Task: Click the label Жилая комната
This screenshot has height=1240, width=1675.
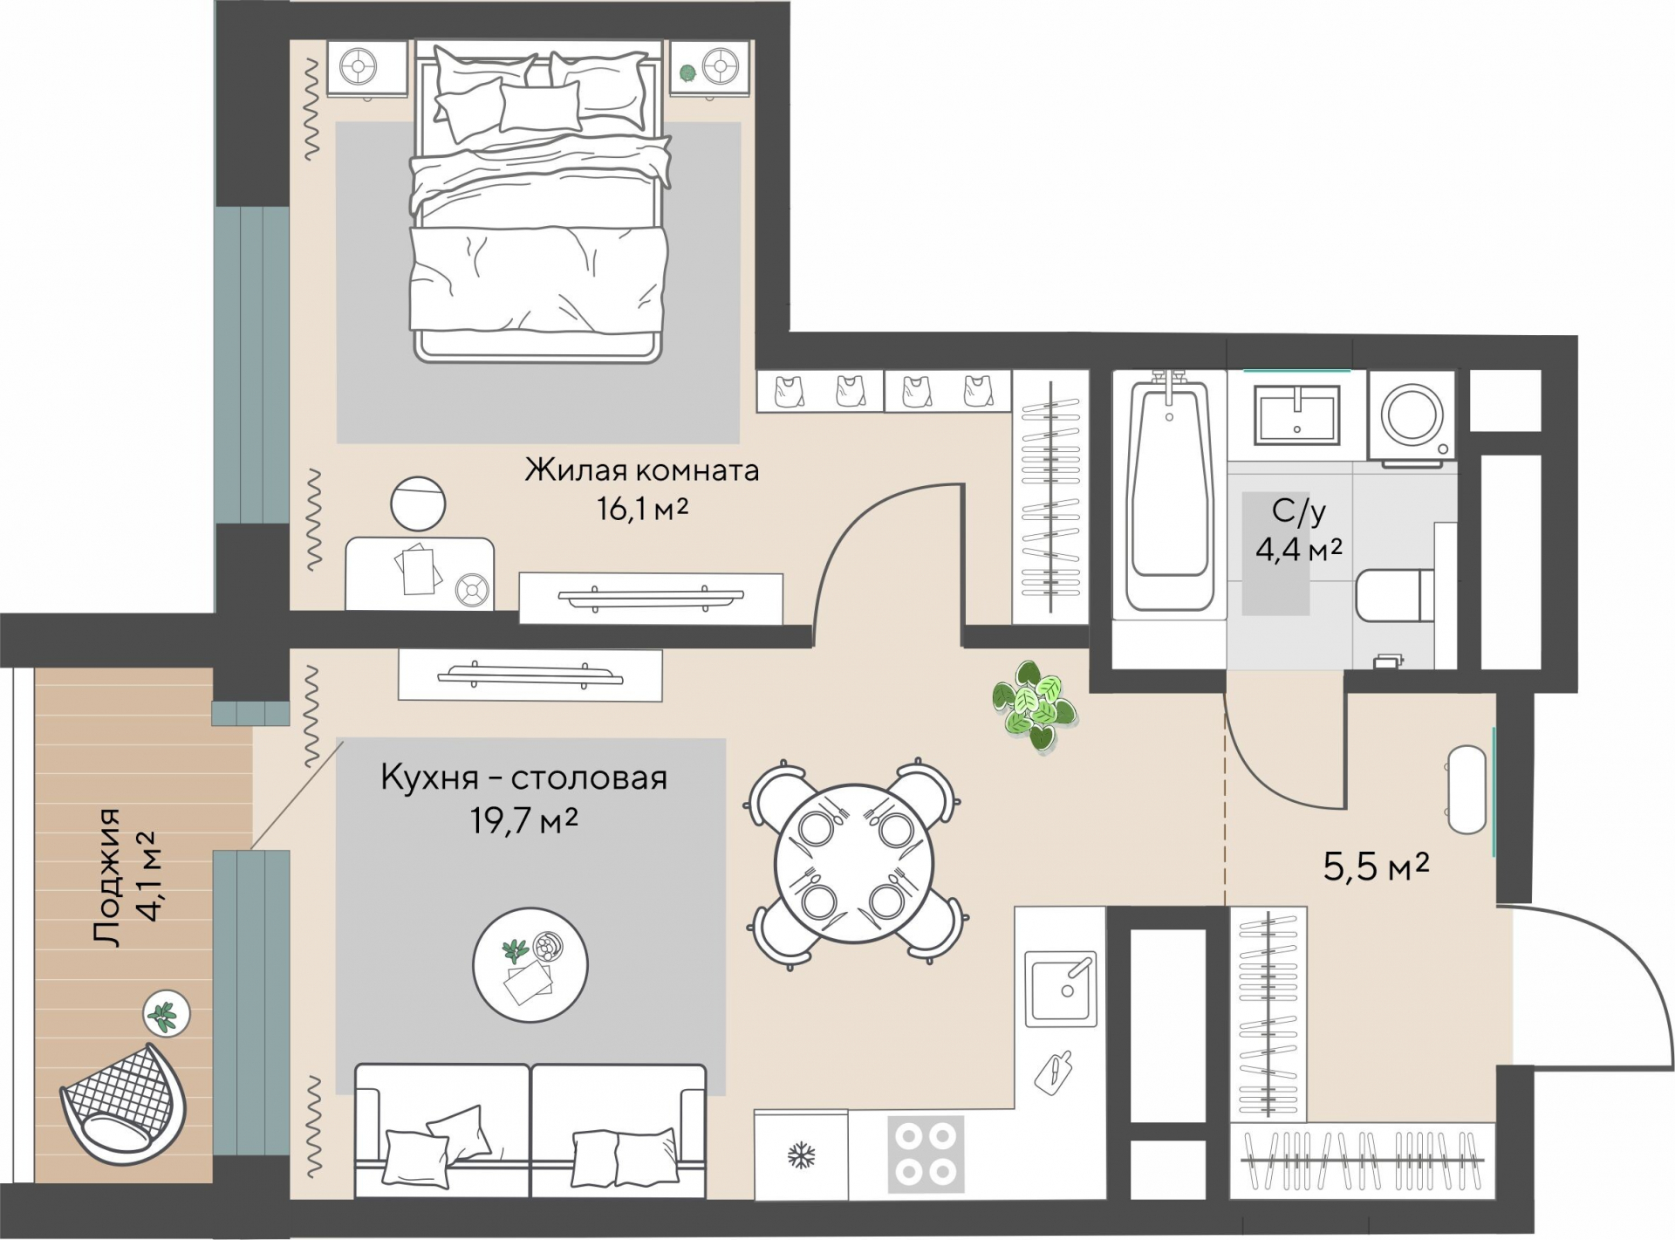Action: [x=641, y=470]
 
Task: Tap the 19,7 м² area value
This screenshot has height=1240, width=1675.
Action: [x=523, y=820]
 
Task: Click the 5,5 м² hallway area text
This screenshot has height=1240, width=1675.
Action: [x=1376, y=867]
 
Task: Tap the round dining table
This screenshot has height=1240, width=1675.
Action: [x=855, y=863]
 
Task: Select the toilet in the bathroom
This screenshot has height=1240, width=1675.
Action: [x=1395, y=594]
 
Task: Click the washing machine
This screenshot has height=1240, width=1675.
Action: [x=1411, y=415]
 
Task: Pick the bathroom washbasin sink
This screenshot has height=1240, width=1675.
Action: [x=1296, y=415]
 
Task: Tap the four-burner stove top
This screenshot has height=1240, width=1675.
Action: [x=926, y=1154]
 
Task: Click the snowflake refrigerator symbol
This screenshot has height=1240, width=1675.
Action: [x=801, y=1157]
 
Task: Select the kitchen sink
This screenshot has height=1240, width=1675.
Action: [x=1060, y=989]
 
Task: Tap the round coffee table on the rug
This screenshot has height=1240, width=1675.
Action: [x=530, y=965]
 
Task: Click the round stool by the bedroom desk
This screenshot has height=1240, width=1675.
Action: [x=418, y=504]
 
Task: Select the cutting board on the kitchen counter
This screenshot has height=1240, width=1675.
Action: [x=1053, y=1072]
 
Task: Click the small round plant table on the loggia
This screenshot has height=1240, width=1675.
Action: [x=167, y=1014]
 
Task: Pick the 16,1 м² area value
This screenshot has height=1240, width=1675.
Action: [x=642, y=508]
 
